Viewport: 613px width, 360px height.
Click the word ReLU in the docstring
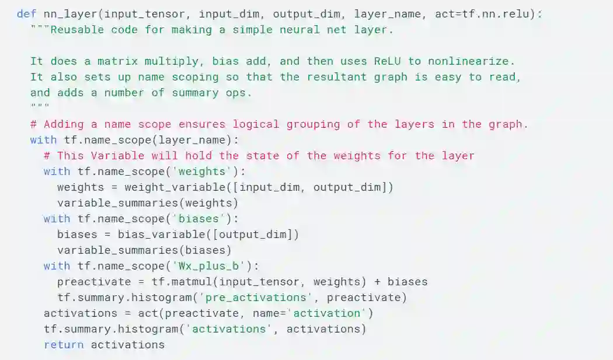coord(387,61)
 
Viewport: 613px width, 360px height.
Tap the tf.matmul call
coord(182,282)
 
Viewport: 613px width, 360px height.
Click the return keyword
coord(64,345)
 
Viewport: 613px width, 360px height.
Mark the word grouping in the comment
coord(319,124)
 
